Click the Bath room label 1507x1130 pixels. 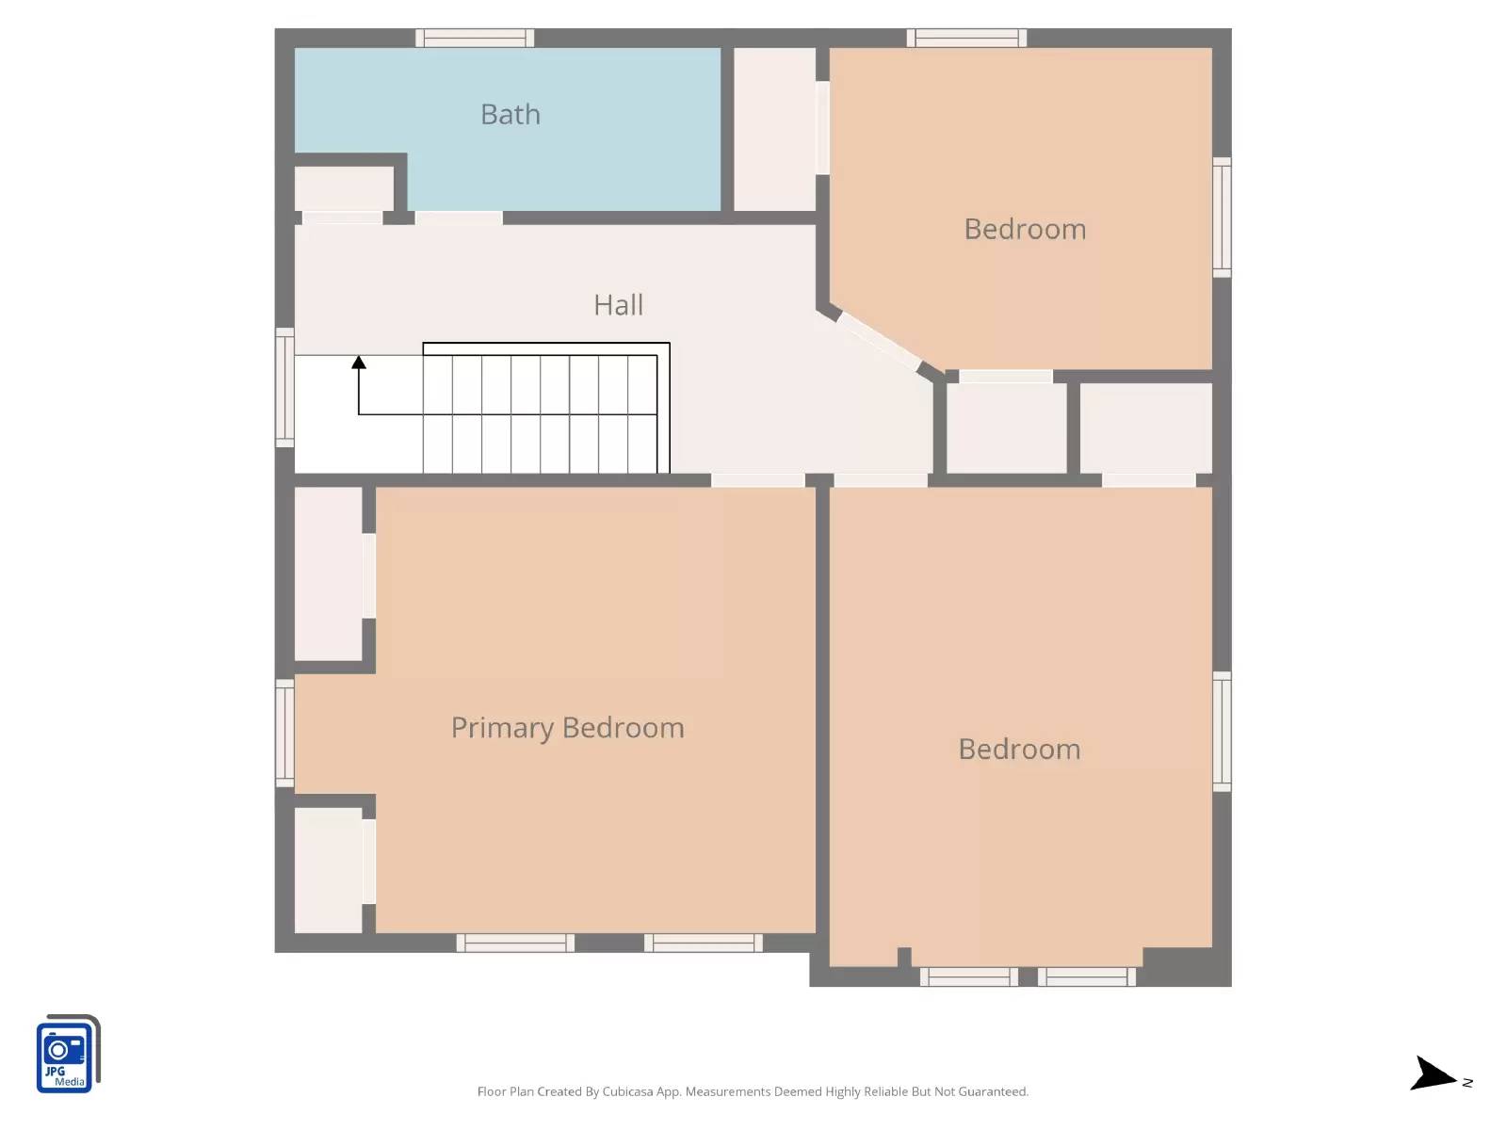pyautogui.click(x=510, y=114)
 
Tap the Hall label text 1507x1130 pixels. pyautogui.click(x=618, y=305)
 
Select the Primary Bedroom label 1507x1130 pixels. pyautogui.click(x=567, y=728)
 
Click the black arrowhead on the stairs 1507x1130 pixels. pyautogui.click(x=359, y=363)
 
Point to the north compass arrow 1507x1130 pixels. pyautogui.click(x=1433, y=1073)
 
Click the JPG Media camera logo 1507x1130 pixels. pyautogui.click(x=66, y=1055)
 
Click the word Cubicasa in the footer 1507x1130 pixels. pyautogui.click(x=628, y=1092)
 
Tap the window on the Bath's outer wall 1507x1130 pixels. pyautogui.click(x=475, y=38)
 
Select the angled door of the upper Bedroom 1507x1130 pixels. pyautogui.click(x=879, y=340)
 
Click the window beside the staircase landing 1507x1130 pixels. pyautogui.click(x=284, y=387)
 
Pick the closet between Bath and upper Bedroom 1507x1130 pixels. pyautogui.click(x=774, y=129)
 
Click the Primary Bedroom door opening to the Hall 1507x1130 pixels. pyautogui.click(x=757, y=480)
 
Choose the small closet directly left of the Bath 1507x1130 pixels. pyautogui.click(x=344, y=188)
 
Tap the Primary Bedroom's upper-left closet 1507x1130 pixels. pyautogui.click(x=329, y=573)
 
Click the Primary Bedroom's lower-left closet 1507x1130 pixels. pyautogui.click(x=329, y=870)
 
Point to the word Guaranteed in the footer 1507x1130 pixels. pyautogui.click(x=993, y=1092)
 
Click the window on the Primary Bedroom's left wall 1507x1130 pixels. pyautogui.click(x=284, y=734)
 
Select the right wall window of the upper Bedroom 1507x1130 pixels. pyautogui.click(x=1222, y=218)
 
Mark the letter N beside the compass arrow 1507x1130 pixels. pyautogui.click(x=1467, y=1083)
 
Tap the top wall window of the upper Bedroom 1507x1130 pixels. pyautogui.click(x=966, y=38)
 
